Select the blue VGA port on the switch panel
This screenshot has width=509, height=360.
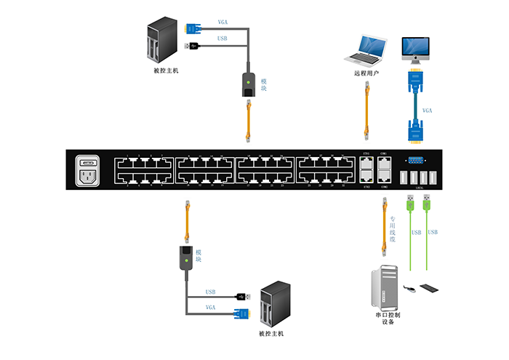[414, 161]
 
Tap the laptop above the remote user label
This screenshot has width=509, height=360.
[365, 50]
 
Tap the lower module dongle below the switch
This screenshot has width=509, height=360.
[187, 260]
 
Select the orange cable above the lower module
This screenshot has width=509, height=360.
[187, 220]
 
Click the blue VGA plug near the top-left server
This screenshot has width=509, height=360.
[193, 28]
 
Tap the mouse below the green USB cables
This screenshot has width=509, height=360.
[412, 289]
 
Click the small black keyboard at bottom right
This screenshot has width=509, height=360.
[430, 289]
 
